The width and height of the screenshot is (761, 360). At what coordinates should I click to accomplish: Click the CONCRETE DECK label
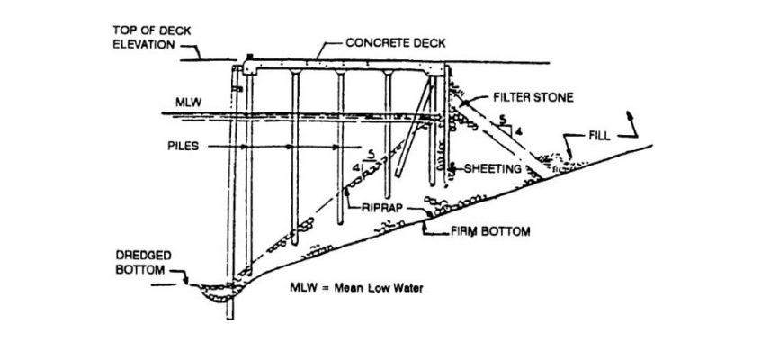(396, 43)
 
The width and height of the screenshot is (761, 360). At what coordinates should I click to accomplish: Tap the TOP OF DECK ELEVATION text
(152, 38)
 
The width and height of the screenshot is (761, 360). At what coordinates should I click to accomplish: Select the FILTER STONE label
(533, 98)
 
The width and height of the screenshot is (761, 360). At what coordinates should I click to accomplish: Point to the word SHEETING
(493, 169)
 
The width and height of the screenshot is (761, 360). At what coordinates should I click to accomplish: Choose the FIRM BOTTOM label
(490, 231)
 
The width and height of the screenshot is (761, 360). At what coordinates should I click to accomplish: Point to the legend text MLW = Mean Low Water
(357, 288)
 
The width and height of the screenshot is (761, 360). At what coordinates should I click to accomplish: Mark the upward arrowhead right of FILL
(631, 116)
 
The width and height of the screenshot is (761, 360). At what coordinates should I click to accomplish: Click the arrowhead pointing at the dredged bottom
(185, 280)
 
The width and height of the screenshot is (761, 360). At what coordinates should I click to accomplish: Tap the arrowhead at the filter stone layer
(461, 103)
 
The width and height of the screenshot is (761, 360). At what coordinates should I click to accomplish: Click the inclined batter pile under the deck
(413, 127)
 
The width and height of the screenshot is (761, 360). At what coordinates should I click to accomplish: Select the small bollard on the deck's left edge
(250, 58)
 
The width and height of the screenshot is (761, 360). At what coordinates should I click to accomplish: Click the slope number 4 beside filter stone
(517, 130)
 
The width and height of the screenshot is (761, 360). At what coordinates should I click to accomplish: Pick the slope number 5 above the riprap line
(371, 155)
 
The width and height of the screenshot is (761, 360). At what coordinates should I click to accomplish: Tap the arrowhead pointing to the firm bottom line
(425, 224)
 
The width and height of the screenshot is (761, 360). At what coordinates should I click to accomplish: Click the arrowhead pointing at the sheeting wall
(452, 168)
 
